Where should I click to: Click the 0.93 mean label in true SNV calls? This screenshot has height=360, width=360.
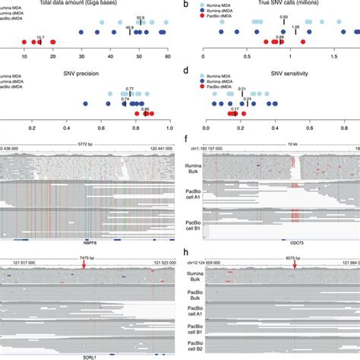[x=283, y=17]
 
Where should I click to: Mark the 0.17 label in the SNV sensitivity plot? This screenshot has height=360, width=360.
[x=236, y=109]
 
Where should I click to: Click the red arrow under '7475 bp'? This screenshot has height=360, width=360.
[x=84, y=265]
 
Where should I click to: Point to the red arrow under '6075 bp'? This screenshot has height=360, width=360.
[x=295, y=265]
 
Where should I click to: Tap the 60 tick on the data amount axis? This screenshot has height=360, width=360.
[x=167, y=57]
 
